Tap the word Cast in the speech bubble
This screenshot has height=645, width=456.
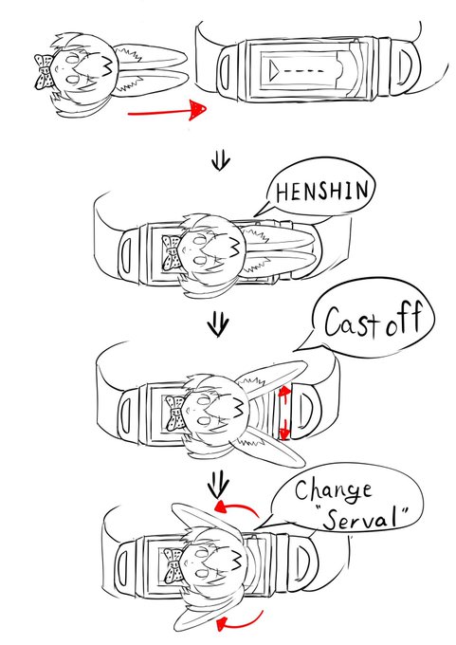(x=351, y=322)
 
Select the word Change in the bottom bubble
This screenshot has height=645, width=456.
(x=333, y=490)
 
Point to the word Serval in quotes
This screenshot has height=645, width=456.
(x=362, y=519)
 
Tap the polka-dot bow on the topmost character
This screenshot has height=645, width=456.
(x=44, y=71)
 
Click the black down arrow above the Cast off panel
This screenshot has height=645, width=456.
(x=217, y=324)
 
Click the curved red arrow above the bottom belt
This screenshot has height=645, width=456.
(x=236, y=506)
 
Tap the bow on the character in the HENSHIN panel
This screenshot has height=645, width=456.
(x=172, y=252)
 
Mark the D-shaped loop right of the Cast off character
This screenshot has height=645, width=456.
(x=307, y=411)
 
